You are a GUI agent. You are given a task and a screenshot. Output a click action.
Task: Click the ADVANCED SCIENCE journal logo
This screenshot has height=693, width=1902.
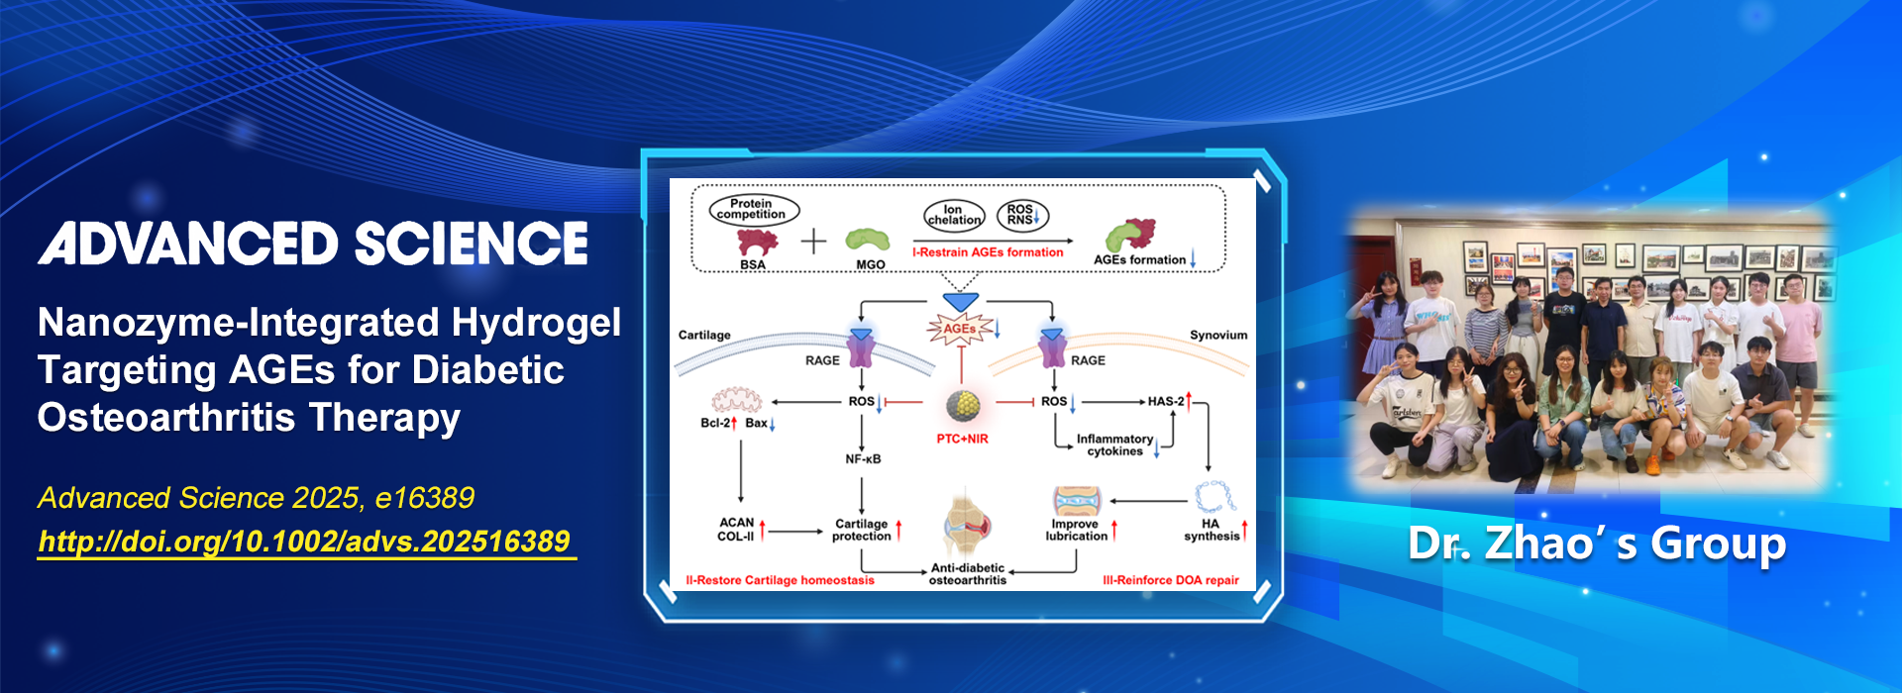click(x=313, y=244)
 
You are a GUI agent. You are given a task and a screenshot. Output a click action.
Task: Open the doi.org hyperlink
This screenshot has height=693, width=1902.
click(x=304, y=542)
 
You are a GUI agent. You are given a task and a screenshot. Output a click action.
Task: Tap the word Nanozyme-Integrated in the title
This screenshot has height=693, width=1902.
click(x=238, y=323)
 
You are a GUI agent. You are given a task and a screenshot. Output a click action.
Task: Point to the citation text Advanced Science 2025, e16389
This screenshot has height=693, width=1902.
click(x=256, y=497)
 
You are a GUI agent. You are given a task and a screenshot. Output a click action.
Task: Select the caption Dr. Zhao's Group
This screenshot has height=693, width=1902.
click(x=1597, y=544)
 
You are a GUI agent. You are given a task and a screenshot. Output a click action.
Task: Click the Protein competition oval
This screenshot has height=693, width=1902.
click(x=753, y=209)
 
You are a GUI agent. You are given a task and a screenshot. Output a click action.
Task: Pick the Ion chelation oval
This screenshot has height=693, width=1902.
click(x=953, y=215)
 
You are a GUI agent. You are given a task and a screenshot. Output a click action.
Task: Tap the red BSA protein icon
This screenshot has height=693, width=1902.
click(x=756, y=243)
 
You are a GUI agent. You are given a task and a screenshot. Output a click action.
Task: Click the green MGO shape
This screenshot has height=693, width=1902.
click(x=867, y=241)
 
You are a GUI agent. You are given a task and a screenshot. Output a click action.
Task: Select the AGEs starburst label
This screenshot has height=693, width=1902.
click(x=959, y=329)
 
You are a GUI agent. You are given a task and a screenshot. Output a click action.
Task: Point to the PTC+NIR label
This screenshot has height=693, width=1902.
click(x=962, y=439)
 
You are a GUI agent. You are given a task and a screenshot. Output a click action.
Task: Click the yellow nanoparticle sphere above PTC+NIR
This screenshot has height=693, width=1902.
click(x=963, y=405)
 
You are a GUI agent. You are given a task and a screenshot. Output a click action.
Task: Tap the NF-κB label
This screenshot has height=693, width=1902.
click(x=863, y=459)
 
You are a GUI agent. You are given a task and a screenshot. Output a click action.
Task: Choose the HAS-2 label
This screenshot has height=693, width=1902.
click(x=1166, y=401)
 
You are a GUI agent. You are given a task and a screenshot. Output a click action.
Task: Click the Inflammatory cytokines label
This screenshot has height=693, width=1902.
click(x=1114, y=445)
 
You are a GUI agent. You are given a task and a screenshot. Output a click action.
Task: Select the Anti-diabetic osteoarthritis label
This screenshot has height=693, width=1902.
click(x=968, y=574)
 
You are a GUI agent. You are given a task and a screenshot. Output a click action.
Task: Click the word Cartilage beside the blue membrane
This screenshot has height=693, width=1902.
click(x=704, y=336)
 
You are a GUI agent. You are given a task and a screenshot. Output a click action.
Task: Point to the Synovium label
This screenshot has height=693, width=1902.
click(x=1217, y=336)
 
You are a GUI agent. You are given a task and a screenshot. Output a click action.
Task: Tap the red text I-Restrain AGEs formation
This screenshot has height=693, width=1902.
click(x=988, y=252)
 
